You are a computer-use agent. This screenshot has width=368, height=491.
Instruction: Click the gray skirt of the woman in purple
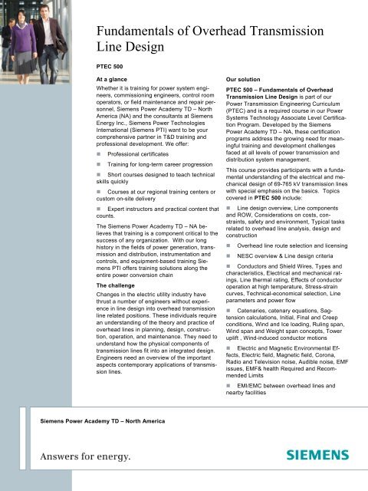32,76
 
